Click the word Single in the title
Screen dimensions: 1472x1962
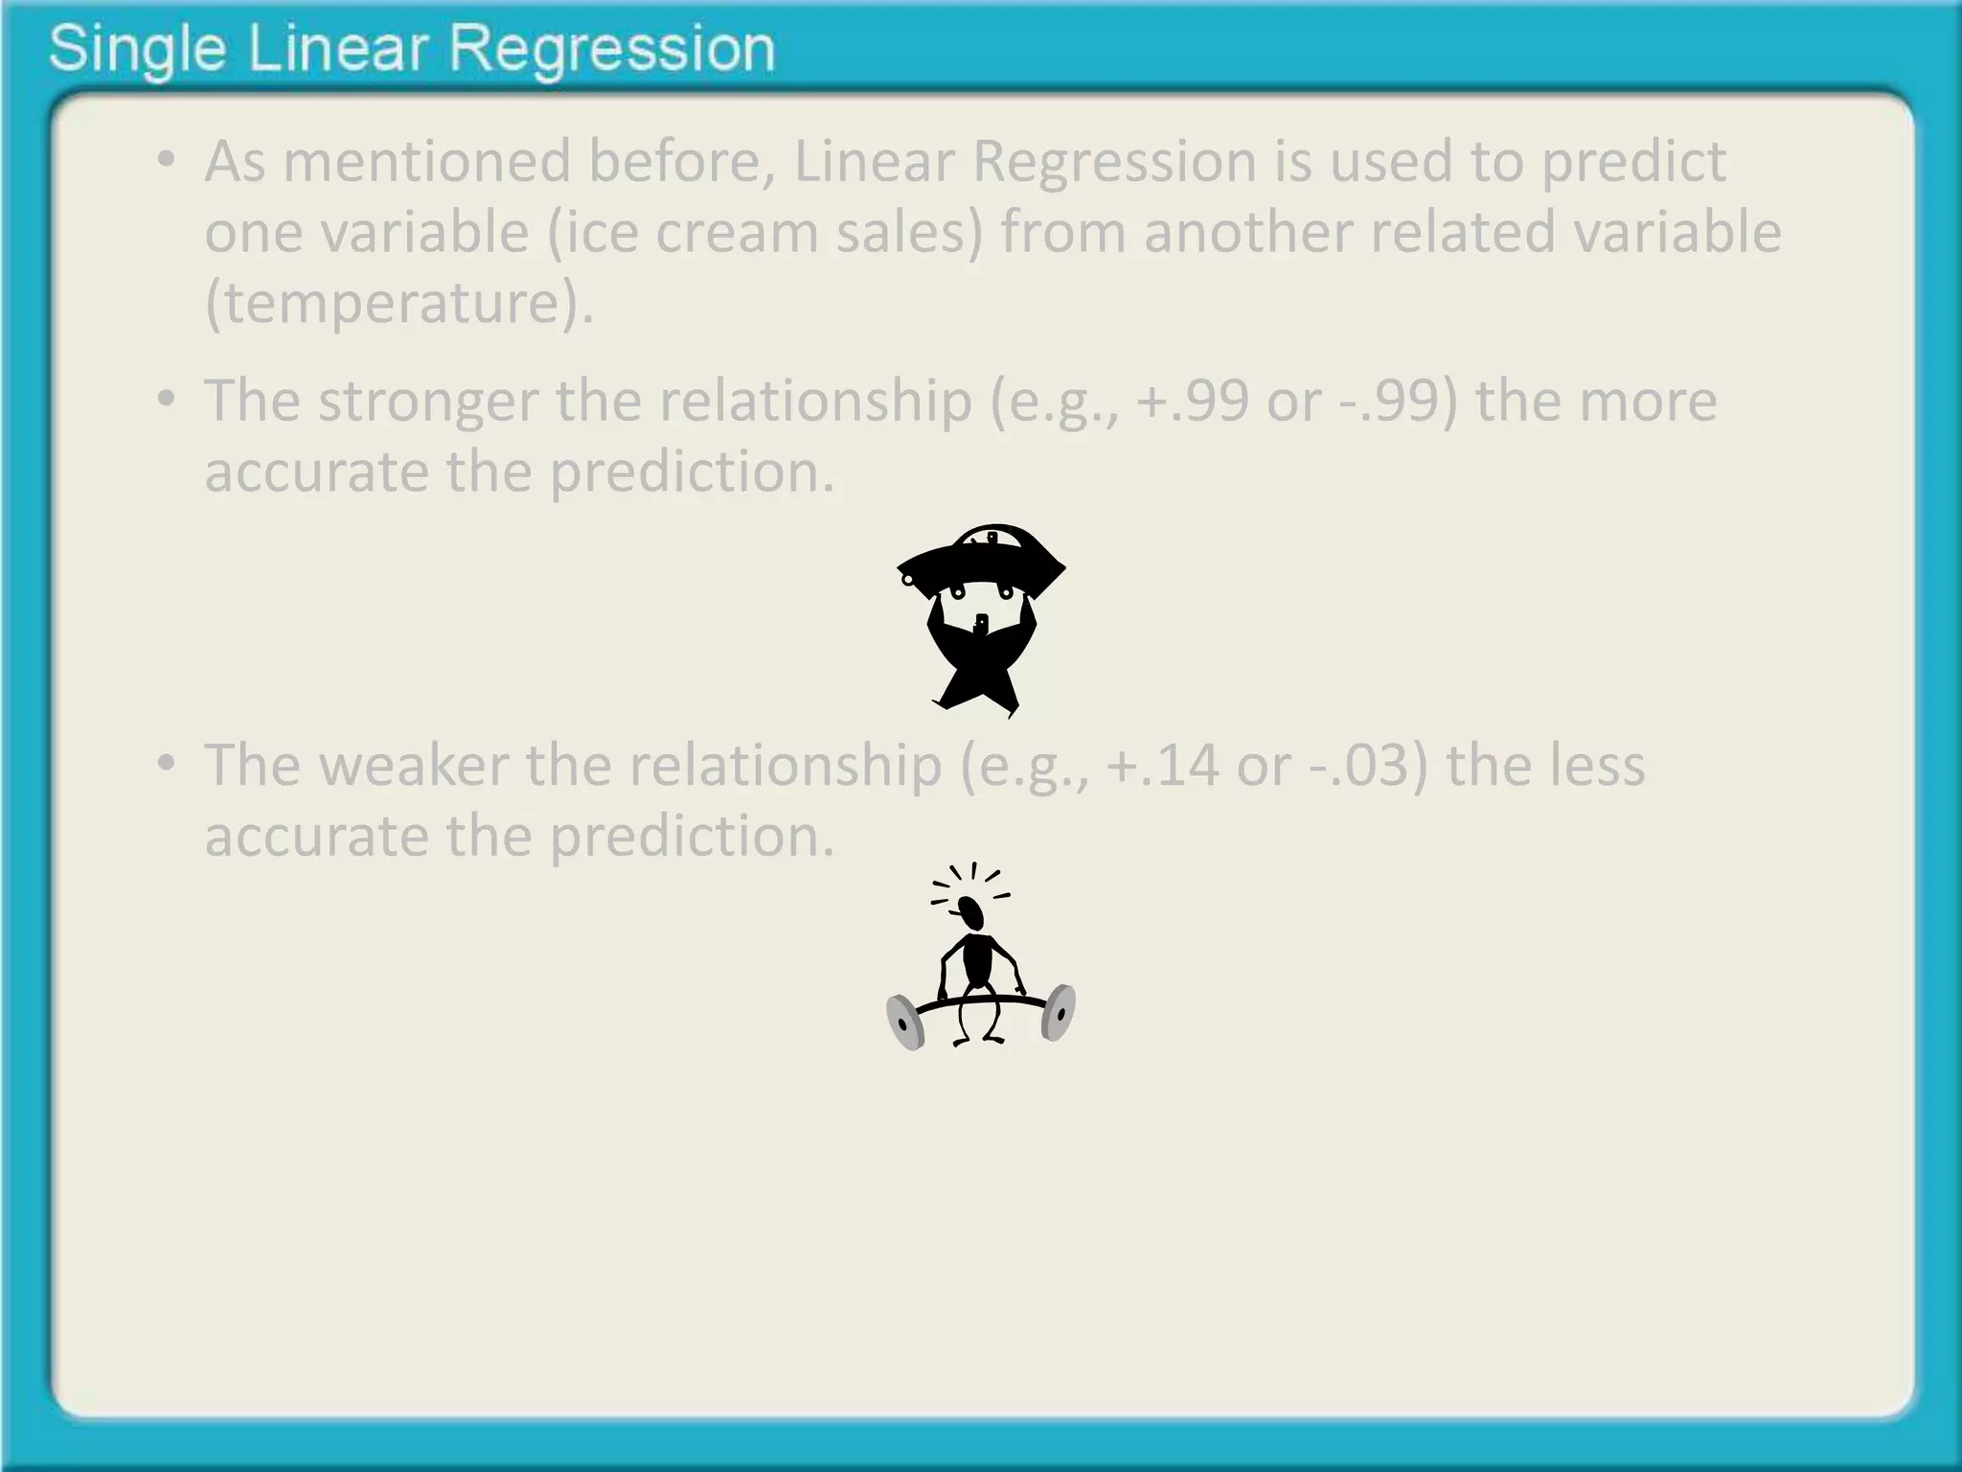(136, 50)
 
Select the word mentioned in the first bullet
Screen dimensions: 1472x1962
(426, 161)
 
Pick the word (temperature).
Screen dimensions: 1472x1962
(399, 303)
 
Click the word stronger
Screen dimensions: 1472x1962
(427, 401)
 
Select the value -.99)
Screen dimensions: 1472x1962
(1398, 401)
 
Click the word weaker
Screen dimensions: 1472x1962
(412, 765)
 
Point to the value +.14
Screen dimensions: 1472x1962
(1162, 765)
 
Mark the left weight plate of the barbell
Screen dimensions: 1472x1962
(904, 1022)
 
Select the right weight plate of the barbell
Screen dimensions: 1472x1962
(1058, 1012)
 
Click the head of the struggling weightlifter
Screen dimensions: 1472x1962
(972, 911)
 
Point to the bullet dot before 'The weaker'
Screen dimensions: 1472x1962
(168, 764)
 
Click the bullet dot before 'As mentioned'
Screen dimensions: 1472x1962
(168, 160)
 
